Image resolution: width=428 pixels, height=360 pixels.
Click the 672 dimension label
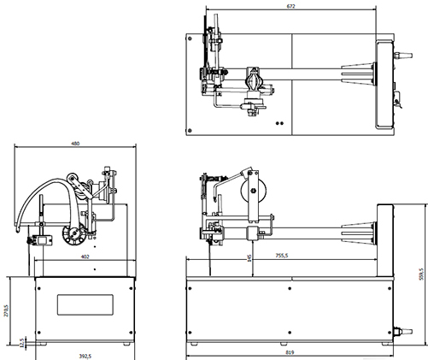pyautogui.click(x=290, y=6)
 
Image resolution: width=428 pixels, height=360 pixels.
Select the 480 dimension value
pyautogui.click(x=75, y=144)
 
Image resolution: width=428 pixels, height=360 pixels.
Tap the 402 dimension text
pyautogui.click(x=85, y=257)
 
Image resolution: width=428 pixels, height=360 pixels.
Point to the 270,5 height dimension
pyautogui.click(x=7, y=310)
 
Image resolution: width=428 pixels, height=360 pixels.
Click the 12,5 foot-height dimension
pyautogui.click(x=22, y=343)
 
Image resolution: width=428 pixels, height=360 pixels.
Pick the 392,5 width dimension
pyautogui.click(x=85, y=356)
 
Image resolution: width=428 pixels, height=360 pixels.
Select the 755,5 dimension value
pyautogui.click(x=282, y=256)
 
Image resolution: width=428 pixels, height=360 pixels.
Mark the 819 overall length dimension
pyautogui.click(x=290, y=352)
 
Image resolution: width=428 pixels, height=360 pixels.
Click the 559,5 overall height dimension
pyautogui.click(x=422, y=274)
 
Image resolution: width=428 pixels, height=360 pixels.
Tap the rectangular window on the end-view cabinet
pyautogui.click(x=85, y=304)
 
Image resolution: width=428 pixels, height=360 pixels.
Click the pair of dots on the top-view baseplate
pyautogui.click(x=279, y=123)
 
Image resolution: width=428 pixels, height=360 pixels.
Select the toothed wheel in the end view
pyautogui.click(x=74, y=234)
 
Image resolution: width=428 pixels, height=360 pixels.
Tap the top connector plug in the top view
pyautogui.click(x=403, y=55)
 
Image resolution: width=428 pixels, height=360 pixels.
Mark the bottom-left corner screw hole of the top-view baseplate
pyautogui.click(x=190, y=131)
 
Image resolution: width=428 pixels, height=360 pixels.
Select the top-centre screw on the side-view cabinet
pyautogui.click(x=290, y=288)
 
